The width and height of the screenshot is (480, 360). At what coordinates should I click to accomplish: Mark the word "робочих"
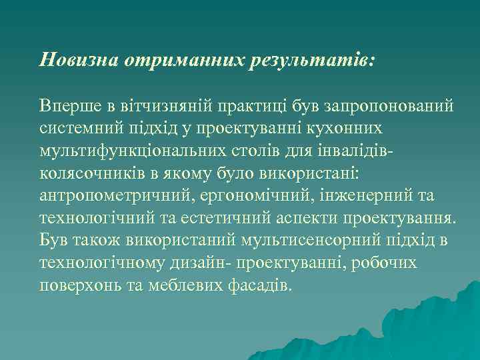(x=390, y=263)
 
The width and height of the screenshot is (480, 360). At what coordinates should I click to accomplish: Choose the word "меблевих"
(x=189, y=285)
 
